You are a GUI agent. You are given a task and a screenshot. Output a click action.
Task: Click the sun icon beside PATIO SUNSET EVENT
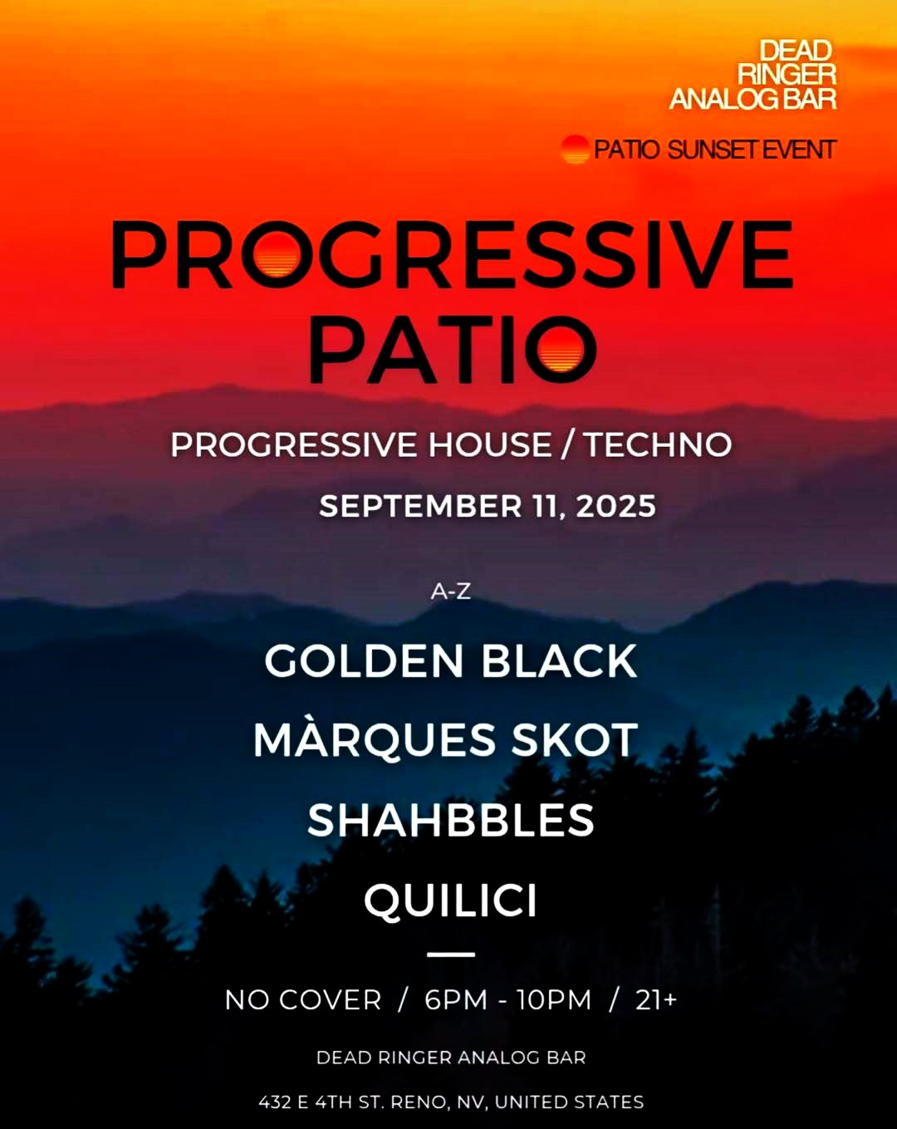coord(575,150)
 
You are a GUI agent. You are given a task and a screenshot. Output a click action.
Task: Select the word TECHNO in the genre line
coord(659,445)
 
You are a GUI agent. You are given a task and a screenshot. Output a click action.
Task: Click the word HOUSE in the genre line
coord(490,445)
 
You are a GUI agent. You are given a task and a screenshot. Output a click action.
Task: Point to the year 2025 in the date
coord(615,506)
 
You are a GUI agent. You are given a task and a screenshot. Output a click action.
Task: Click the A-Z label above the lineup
coord(451,591)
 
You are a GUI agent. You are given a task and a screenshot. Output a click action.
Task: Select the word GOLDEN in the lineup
coord(364,661)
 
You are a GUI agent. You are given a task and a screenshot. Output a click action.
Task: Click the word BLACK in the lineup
coord(559,661)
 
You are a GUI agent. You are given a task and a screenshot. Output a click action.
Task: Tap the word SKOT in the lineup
coord(575,739)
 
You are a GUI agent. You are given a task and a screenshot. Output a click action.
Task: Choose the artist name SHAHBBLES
coord(451,821)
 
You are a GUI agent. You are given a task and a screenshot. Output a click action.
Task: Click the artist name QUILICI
coord(451,901)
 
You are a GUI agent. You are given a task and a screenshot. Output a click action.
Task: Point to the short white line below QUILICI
coord(451,955)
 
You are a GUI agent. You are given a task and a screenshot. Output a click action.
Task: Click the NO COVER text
coord(303,1000)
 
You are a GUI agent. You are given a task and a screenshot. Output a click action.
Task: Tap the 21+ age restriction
coord(656,1000)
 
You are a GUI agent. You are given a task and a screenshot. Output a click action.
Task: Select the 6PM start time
coord(456,1000)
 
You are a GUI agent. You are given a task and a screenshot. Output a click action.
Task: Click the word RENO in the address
coord(419,1102)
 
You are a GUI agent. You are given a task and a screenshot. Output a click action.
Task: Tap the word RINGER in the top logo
coord(787,75)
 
